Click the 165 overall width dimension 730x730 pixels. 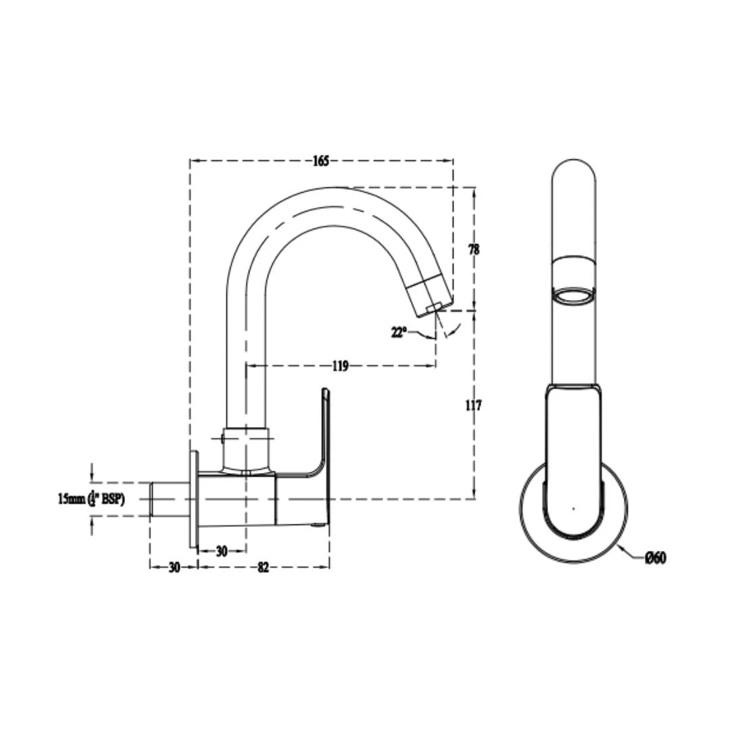(320, 161)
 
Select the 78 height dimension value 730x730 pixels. (474, 249)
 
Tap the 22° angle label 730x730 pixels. (399, 332)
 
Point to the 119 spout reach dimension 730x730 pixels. (340, 366)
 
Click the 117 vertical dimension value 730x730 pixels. (474, 406)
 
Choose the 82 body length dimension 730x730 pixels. (263, 567)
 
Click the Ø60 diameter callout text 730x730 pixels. (655, 558)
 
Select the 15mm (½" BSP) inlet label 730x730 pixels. (91, 499)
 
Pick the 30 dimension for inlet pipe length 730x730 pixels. (174, 567)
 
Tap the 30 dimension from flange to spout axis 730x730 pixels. (221, 551)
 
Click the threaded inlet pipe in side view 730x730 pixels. (169, 500)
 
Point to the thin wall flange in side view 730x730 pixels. (194, 500)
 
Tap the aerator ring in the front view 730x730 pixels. (574, 294)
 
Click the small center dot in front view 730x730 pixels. (573, 508)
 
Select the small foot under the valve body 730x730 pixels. (317, 525)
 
